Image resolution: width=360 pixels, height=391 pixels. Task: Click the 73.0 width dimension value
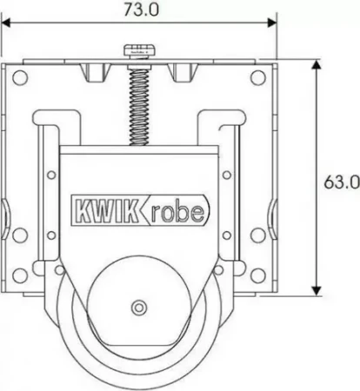point(142,10)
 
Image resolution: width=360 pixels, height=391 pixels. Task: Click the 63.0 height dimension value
point(342,182)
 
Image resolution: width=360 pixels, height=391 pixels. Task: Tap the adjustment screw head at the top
point(139,50)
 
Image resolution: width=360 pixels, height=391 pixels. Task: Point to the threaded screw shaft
point(139,106)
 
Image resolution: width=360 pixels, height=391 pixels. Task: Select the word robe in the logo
point(178,211)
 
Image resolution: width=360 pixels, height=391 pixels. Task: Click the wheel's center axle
point(139,308)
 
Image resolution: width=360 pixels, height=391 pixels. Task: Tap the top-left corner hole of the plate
point(20,77)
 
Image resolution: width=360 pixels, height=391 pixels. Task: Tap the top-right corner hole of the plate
point(258,77)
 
